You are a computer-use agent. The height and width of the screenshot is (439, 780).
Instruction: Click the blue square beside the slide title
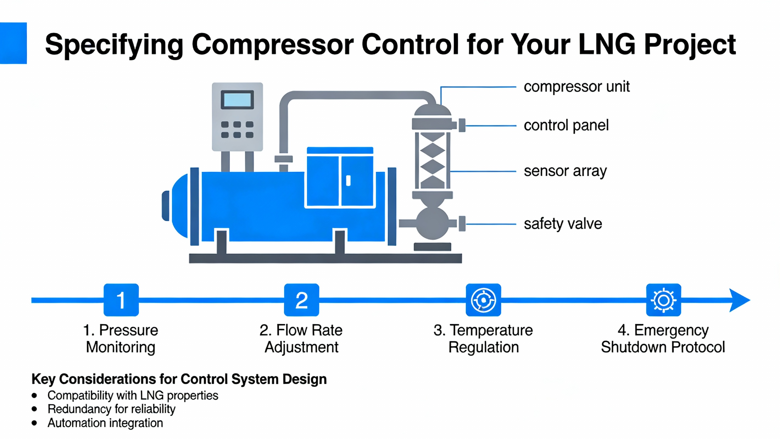[x=13, y=43]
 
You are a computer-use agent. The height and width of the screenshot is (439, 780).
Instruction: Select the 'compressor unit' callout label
[x=576, y=87]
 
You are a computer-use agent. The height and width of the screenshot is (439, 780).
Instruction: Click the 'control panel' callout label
[x=566, y=125]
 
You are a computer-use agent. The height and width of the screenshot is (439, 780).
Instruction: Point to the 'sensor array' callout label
[x=565, y=171]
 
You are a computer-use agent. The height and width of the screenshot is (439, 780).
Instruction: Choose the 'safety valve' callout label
[x=563, y=224]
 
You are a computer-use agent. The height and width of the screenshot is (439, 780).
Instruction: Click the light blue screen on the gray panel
[x=237, y=99]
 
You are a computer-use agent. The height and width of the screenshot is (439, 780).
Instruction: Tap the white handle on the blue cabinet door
[x=348, y=180]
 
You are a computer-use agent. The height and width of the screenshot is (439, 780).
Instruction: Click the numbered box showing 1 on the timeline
[x=121, y=300]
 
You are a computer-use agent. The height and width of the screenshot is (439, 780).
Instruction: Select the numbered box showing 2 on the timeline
[x=301, y=300]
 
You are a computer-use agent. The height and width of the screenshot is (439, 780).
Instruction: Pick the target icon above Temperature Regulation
[x=483, y=300]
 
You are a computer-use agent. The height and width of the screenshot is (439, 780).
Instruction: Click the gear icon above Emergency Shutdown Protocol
[x=663, y=300]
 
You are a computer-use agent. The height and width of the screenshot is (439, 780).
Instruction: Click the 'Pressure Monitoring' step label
[x=121, y=339]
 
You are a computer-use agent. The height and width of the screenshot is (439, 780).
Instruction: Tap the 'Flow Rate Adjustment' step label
[x=301, y=339]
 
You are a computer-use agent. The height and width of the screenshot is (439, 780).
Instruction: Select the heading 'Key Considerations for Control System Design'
[x=179, y=379]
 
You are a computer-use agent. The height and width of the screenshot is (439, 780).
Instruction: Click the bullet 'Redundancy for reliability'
[x=112, y=409]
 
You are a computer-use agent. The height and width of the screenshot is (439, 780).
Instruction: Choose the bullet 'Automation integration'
[x=105, y=423]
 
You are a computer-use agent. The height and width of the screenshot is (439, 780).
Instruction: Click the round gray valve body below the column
[x=432, y=223]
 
